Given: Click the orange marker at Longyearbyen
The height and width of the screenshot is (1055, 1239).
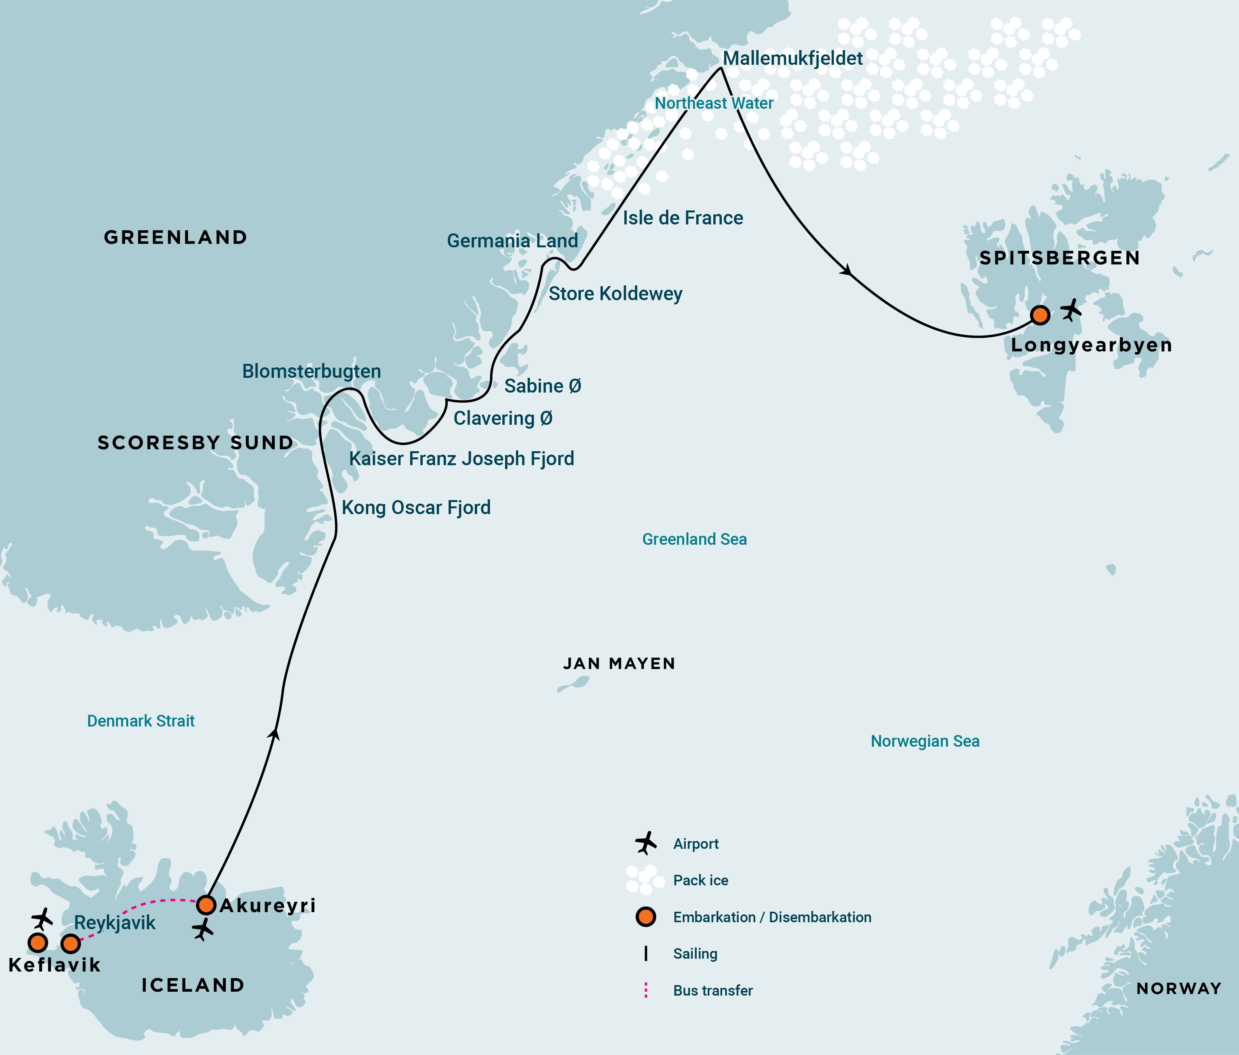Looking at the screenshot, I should click(x=1040, y=315).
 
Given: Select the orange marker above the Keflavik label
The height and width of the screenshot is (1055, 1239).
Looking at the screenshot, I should click(x=38, y=943).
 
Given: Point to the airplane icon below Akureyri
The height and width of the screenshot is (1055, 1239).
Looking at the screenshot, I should click(x=203, y=930).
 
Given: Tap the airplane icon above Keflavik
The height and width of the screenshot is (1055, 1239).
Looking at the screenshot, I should click(x=42, y=919).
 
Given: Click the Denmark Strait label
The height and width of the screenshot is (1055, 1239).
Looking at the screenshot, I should click(x=141, y=721).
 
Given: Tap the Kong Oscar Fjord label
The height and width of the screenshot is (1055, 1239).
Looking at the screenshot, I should click(x=416, y=508).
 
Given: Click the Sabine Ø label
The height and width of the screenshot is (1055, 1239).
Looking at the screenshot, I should click(x=542, y=386).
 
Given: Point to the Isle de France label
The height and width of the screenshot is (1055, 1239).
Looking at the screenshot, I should click(x=683, y=218).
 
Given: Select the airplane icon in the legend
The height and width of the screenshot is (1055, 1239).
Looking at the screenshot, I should click(x=646, y=843).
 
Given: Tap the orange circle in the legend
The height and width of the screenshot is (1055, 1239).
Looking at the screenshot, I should click(x=646, y=916).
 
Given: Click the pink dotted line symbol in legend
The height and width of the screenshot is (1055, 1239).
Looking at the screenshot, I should click(x=646, y=991).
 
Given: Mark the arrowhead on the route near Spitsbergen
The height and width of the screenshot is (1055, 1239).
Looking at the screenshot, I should click(x=847, y=271).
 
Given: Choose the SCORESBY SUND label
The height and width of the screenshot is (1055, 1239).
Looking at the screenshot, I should click(x=195, y=443).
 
